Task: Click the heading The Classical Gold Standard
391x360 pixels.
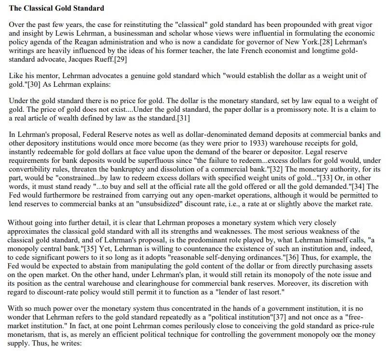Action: tap(56, 9)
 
